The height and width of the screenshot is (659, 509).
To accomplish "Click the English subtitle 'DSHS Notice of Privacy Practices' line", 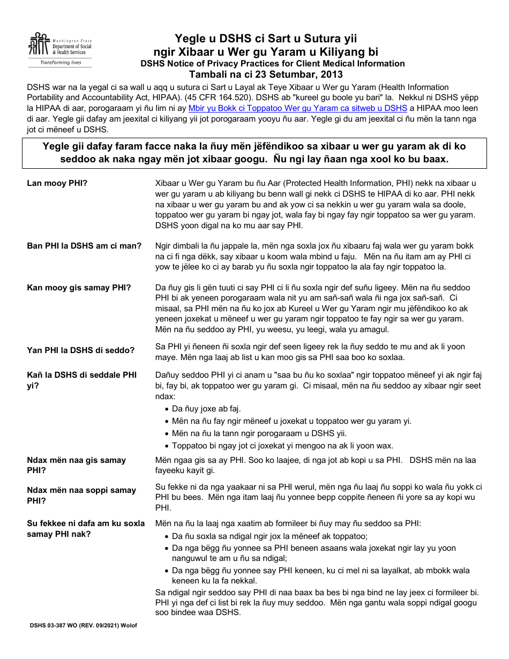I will coord(272,63).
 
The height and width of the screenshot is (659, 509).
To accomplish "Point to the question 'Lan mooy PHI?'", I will coord(57,183).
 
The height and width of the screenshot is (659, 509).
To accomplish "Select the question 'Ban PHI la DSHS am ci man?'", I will coord(84,246).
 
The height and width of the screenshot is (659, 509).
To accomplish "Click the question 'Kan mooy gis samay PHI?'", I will coord(79,288).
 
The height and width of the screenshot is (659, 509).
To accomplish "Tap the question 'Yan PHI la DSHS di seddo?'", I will coord(80,350).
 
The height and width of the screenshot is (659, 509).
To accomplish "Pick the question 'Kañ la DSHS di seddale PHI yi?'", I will coord(81,380).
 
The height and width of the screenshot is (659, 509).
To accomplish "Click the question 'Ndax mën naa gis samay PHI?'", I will coord(76,465).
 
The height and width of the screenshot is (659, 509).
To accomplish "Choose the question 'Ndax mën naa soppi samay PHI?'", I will coord(81,496).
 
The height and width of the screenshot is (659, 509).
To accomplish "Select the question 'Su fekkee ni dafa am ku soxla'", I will coord(86,528).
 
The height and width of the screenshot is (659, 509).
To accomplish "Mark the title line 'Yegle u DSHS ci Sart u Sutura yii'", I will coord(265,39).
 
